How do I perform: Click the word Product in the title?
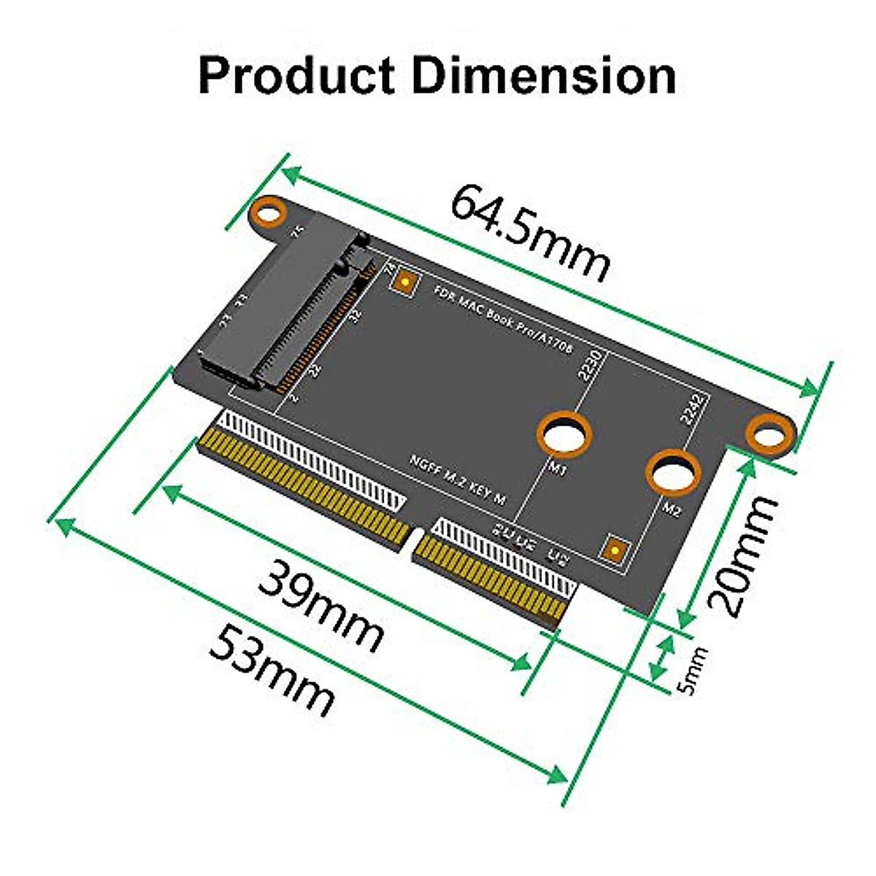296,77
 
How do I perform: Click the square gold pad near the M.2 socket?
404,281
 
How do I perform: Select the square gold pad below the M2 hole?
615,550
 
